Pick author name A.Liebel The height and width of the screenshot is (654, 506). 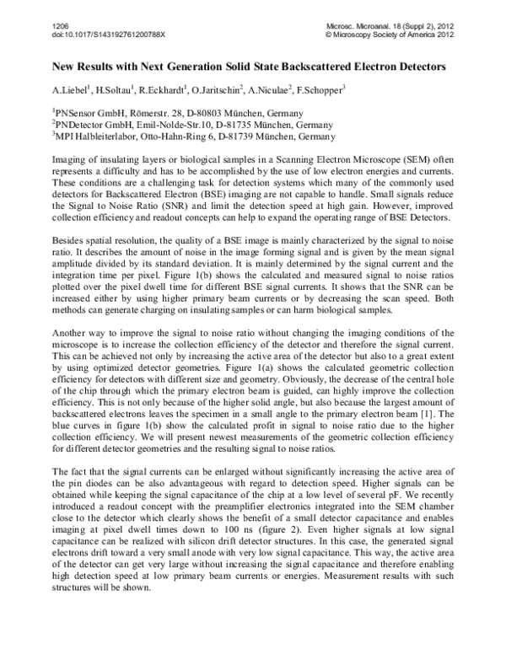(70, 89)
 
